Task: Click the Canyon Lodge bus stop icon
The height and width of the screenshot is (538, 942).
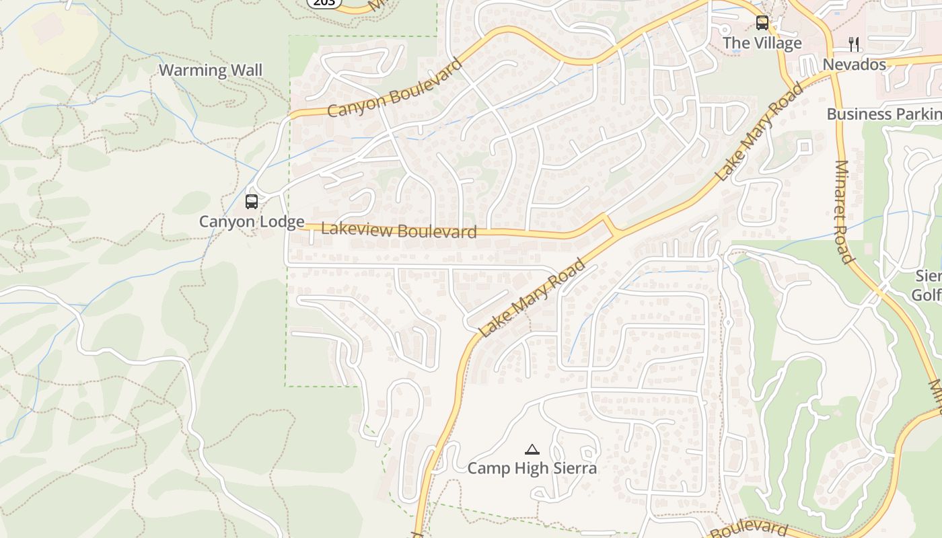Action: (x=252, y=201)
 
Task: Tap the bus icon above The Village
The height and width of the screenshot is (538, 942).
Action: (x=762, y=23)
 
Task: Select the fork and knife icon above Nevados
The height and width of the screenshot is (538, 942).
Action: (x=854, y=44)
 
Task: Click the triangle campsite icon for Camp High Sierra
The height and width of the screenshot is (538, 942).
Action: (x=532, y=449)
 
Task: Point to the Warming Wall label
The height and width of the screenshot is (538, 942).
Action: (x=210, y=70)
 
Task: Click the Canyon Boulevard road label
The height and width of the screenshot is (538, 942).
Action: (x=396, y=88)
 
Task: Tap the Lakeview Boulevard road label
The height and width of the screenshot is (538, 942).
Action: (x=399, y=230)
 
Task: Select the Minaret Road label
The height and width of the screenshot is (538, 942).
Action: (x=844, y=211)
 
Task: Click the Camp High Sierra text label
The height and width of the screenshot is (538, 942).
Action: (x=532, y=468)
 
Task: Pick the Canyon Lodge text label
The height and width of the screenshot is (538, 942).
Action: (x=252, y=221)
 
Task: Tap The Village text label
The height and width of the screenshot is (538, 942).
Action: (x=762, y=43)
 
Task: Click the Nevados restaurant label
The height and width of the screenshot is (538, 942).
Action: (x=855, y=65)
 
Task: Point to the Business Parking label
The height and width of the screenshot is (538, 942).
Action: (x=883, y=114)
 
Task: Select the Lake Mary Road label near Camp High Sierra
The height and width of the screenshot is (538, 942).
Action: (x=532, y=299)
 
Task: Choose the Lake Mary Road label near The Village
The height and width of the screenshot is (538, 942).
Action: (x=760, y=132)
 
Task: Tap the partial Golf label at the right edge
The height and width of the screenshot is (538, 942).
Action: (x=927, y=295)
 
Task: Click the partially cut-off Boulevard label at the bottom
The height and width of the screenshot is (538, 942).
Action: (x=749, y=528)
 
